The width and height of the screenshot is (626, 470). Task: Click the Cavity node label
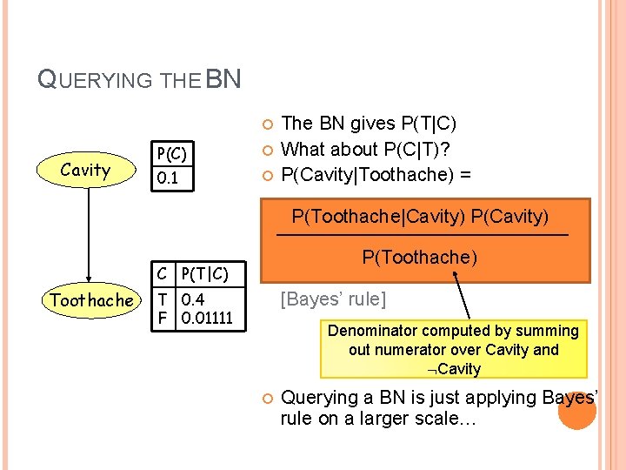click(85, 170)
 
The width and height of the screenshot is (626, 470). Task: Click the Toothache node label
click(92, 300)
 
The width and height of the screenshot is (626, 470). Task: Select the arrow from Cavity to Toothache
click(86, 235)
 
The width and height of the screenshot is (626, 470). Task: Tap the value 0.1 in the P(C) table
click(167, 178)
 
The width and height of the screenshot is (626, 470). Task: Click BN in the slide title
click(223, 79)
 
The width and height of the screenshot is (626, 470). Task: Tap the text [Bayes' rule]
click(331, 299)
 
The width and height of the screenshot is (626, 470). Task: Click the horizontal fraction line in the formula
click(422, 236)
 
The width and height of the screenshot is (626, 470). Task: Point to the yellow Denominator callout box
click(453, 349)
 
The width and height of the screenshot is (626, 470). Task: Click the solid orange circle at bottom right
click(576, 410)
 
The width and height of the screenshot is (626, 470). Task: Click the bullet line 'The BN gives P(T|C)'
click(370, 124)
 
